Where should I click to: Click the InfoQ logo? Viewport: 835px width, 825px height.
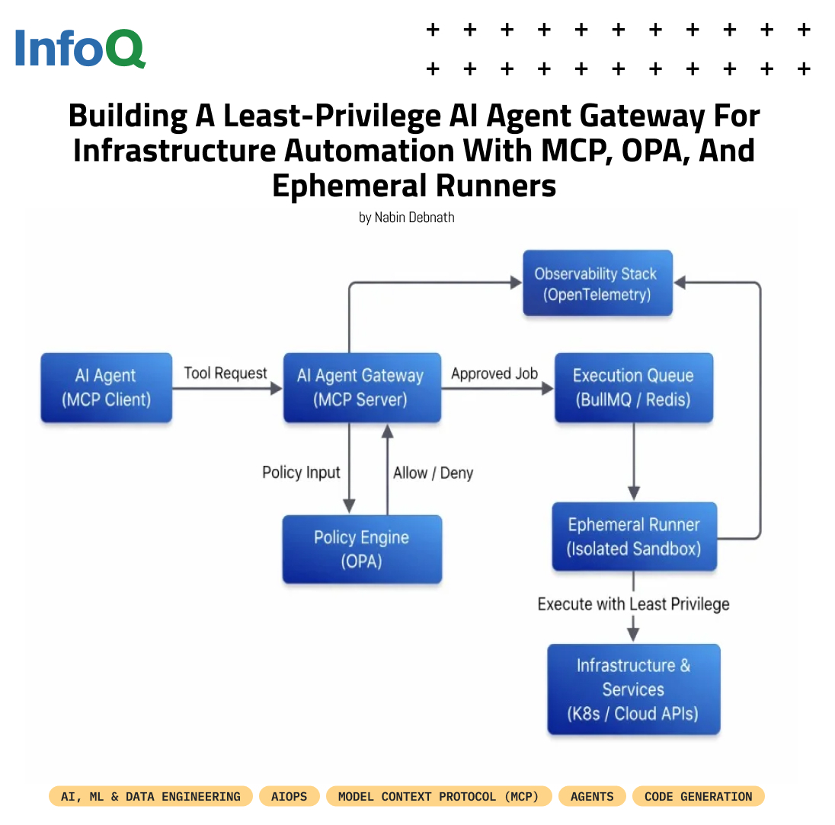click(x=79, y=48)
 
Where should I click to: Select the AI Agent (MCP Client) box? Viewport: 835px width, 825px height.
click(x=107, y=387)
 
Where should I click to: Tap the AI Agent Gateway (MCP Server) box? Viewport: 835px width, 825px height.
click(x=362, y=387)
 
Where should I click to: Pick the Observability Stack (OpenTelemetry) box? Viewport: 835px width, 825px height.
click(x=597, y=283)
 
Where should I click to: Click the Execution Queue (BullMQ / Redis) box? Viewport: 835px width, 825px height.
click(x=633, y=387)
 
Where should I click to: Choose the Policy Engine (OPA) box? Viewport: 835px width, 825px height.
click(x=362, y=549)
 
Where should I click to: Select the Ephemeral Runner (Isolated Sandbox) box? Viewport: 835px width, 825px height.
click(x=634, y=537)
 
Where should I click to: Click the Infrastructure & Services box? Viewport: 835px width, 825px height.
click(x=633, y=689)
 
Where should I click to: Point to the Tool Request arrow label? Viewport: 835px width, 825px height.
click(x=226, y=373)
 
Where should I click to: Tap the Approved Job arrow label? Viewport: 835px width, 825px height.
click(x=494, y=374)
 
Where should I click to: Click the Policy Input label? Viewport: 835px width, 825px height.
click(x=301, y=472)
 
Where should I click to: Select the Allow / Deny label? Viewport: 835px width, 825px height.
click(x=433, y=473)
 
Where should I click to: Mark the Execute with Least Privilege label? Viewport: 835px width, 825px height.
click(x=633, y=604)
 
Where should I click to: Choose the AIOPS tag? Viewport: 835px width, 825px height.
click(x=290, y=797)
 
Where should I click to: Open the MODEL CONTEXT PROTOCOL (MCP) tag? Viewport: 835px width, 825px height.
click(x=439, y=797)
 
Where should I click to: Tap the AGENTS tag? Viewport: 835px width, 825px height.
click(x=592, y=797)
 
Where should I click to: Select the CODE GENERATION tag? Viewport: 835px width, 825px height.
click(x=698, y=797)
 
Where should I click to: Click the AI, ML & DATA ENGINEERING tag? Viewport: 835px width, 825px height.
click(x=151, y=797)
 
